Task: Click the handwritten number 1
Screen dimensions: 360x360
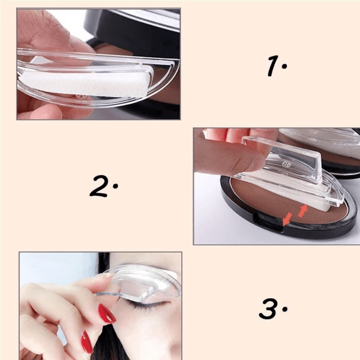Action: [x=273, y=66]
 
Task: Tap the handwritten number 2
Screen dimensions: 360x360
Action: [x=99, y=186]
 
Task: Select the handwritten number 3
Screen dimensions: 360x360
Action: [x=268, y=308]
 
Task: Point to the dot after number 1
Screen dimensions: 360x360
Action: [x=284, y=66]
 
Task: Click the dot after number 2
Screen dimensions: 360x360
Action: [x=115, y=186]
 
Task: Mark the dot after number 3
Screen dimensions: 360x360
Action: [x=285, y=309]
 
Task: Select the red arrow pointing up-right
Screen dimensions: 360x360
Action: [x=302, y=211]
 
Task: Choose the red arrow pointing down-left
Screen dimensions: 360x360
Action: [x=287, y=219]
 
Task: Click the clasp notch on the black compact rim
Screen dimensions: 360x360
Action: [x=268, y=222]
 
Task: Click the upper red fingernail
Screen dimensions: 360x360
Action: [x=107, y=314]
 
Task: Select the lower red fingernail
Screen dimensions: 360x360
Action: [x=87, y=342]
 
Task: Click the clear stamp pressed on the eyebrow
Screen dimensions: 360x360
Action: [x=140, y=283]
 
